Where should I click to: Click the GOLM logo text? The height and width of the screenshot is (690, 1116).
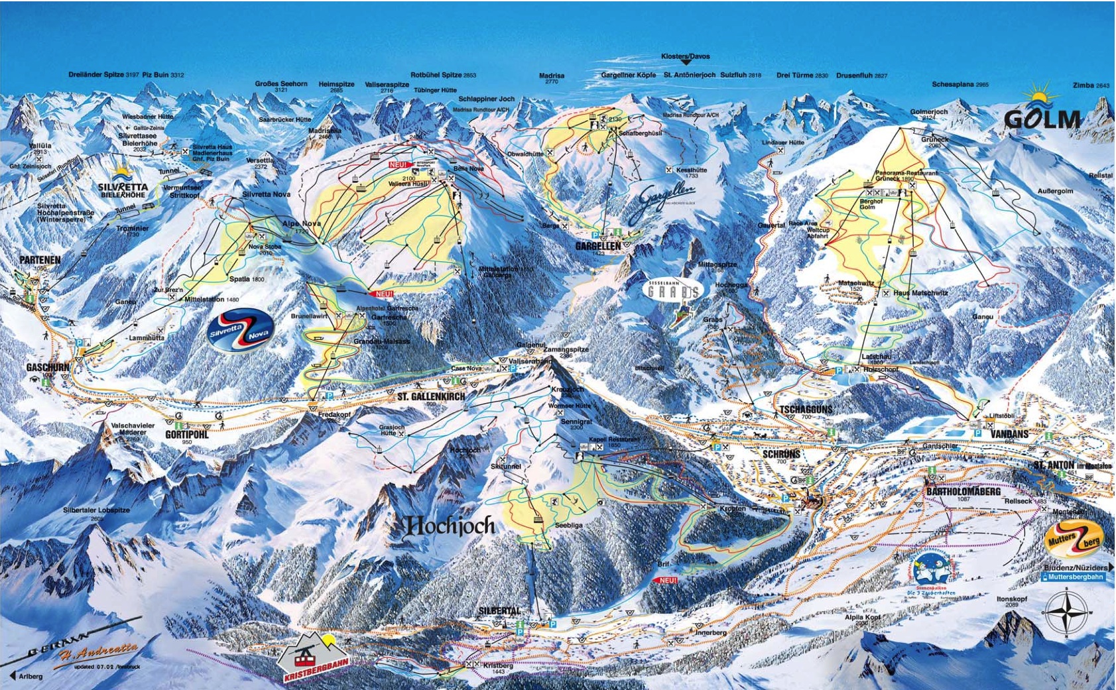coord(1042,119)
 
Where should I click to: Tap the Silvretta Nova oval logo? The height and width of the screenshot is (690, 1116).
coord(237,332)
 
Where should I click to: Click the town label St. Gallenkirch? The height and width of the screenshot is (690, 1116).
coord(431,396)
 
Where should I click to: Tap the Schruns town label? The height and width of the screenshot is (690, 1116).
coord(781,455)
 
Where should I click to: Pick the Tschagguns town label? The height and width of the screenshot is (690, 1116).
coord(806,410)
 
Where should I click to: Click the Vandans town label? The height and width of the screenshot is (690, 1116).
coord(1009,434)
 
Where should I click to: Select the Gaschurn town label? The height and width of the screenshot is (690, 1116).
coord(48,367)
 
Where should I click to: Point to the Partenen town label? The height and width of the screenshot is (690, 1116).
coord(40,260)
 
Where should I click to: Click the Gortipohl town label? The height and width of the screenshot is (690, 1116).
coord(186,435)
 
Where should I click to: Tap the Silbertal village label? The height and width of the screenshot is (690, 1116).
coord(499,610)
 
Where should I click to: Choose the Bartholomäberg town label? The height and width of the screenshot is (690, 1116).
coord(962,492)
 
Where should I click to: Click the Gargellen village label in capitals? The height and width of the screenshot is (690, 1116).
coord(597,246)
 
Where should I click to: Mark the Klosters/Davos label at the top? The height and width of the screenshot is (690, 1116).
coord(685,57)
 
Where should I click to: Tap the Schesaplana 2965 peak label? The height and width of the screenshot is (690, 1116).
coord(960,85)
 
